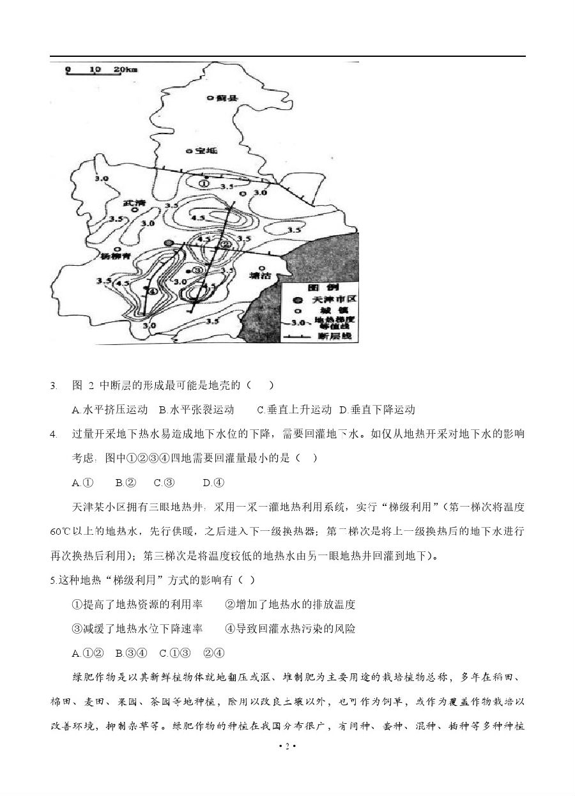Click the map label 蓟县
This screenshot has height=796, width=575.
226,98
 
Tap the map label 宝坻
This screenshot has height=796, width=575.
206,151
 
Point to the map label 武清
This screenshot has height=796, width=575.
135,204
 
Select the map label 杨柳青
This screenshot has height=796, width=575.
116,257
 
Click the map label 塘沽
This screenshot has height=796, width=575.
263,277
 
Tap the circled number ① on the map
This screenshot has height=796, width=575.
204,183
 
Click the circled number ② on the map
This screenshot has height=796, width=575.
225,244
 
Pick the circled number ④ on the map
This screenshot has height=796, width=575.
153,291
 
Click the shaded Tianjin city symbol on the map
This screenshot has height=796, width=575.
168,243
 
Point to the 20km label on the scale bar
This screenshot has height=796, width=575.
126,68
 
